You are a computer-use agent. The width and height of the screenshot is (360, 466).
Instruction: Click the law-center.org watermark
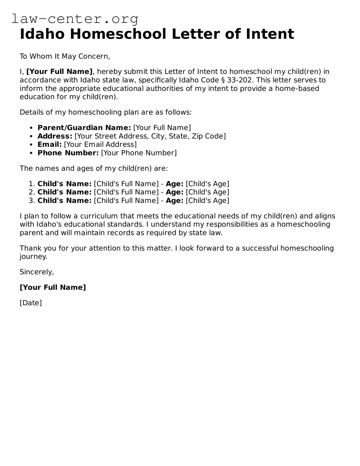(75, 19)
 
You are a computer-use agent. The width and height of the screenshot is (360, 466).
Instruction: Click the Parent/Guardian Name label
(84, 128)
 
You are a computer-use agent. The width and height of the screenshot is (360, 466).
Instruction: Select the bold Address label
(55, 136)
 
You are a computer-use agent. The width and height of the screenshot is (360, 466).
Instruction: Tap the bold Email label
(49, 145)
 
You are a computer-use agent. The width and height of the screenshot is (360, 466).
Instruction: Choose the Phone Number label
(68, 153)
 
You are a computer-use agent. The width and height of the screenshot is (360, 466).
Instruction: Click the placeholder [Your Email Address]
(100, 145)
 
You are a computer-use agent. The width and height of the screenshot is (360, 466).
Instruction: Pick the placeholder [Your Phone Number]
(139, 153)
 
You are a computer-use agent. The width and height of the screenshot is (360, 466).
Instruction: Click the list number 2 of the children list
(32, 192)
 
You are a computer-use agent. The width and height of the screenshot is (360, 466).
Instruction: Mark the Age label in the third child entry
(174, 200)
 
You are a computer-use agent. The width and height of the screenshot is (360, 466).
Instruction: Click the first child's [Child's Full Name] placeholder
(126, 184)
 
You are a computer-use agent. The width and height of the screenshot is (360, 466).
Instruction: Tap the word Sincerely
(37, 272)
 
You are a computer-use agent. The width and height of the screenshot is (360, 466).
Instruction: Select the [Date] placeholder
(31, 303)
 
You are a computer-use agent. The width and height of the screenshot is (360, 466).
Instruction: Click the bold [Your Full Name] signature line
(53, 287)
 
